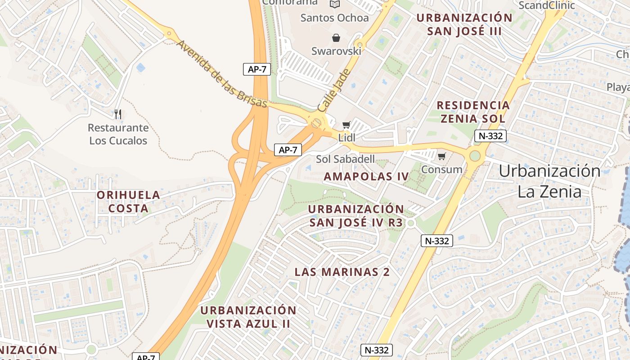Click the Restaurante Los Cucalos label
point(118,134)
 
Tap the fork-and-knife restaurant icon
point(118,114)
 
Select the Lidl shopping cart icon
point(346,125)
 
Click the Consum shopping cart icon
point(442,157)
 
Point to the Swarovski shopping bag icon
point(336,38)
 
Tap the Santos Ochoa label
point(334,18)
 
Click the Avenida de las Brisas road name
point(221,74)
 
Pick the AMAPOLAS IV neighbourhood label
point(366,176)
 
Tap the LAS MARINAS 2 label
point(342,272)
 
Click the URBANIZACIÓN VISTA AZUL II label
point(248,317)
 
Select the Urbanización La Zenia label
point(549,181)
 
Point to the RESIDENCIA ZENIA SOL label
point(473,112)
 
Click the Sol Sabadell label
point(345,159)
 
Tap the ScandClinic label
point(547,5)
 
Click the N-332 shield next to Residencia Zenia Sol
point(490,136)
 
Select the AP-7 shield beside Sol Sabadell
point(288,150)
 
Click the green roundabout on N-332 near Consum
point(475,156)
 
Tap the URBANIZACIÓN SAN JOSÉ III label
point(464,24)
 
